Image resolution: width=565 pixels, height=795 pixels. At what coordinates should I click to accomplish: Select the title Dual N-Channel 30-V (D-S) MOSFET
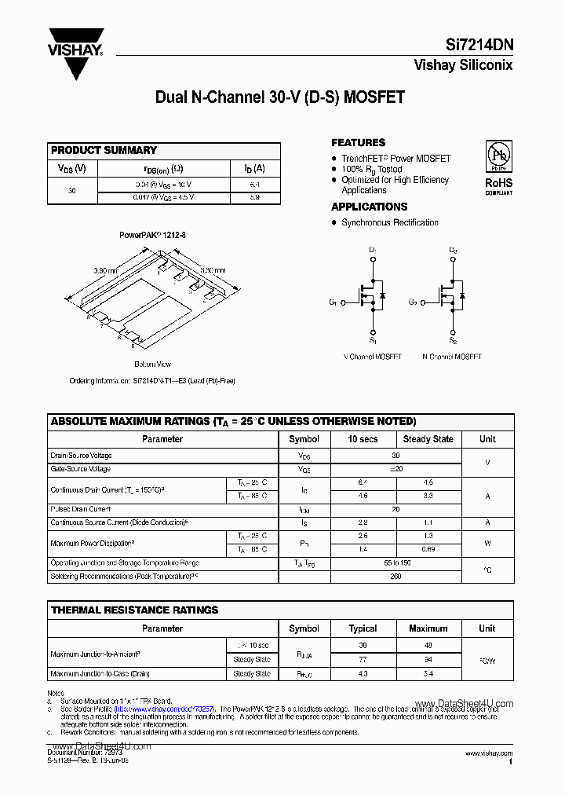coord(280,97)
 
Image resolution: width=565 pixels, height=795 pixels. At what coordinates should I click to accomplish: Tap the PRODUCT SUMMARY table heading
coord(104,150)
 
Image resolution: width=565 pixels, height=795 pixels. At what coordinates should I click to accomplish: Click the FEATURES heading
coord(358,143)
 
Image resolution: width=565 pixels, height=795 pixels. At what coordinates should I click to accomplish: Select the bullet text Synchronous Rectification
coord(390,222)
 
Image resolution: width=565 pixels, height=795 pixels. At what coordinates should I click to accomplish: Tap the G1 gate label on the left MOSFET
coord(333,302)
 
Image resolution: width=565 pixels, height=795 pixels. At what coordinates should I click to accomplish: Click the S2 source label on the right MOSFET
coord(453,340)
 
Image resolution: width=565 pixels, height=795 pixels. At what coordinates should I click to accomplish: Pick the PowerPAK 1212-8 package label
coord(152,235)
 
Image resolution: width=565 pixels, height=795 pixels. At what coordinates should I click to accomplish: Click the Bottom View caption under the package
coord(152,365)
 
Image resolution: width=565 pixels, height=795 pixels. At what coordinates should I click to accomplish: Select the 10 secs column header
coord(363,439)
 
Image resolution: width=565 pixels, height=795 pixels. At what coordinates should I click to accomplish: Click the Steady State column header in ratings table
coord(428,439)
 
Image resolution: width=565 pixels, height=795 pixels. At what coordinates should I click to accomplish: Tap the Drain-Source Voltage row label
coord(81,456)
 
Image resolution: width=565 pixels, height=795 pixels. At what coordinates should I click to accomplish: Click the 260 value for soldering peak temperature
coord(395,576)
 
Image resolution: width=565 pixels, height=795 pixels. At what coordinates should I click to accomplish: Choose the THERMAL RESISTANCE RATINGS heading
coord(134,610)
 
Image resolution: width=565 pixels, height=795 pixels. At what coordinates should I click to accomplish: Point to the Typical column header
coord(363,628)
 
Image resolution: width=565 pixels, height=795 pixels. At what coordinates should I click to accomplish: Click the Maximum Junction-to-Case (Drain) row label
coord(100,674)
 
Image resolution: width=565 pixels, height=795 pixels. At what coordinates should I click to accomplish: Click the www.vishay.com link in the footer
coord(488,753)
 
